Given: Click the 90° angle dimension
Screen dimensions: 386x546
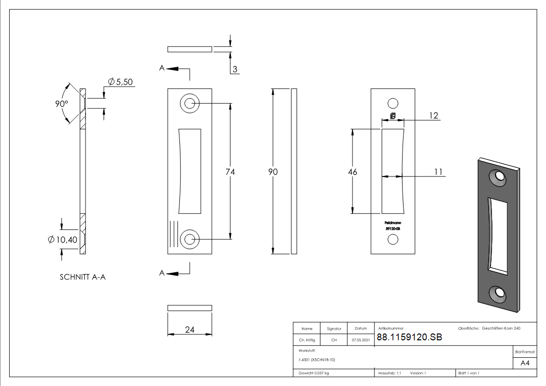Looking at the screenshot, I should coord(61,104).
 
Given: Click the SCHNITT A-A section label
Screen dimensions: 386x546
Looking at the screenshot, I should coord(83,277).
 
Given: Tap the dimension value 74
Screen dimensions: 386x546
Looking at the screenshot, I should coord(230,172).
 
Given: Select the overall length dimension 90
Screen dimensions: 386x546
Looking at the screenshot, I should coord(273,172).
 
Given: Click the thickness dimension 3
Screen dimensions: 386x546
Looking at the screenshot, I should coord(235,70).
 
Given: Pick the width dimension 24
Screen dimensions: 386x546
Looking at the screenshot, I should coord(190,330).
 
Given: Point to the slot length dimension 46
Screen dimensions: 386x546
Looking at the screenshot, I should coord(352,172).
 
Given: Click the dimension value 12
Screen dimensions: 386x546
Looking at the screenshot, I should coord(434,115).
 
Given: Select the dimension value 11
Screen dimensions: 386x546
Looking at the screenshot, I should coord(438,172).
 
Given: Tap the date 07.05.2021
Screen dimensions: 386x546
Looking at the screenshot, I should coord(361,340).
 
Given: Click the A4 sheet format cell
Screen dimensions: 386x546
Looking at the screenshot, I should coord(525,363).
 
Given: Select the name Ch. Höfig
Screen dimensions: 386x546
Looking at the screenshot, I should coord(307,340).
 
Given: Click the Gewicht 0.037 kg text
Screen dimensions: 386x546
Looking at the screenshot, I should coord(314,373).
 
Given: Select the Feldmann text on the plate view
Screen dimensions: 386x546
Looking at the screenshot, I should coord(393,223).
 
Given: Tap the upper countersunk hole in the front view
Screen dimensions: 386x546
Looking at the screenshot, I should coord(190,104).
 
